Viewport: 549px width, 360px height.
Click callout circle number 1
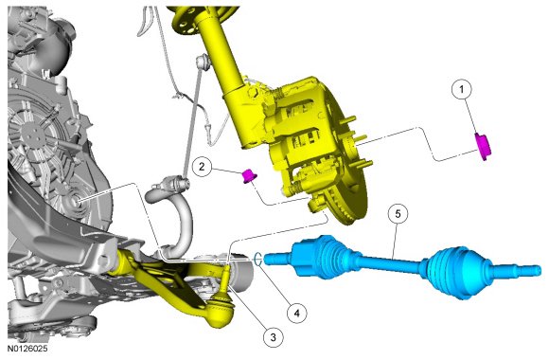462,90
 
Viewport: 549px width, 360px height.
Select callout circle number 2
202,167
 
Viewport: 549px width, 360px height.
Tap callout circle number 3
274,337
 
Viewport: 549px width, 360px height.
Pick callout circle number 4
297,313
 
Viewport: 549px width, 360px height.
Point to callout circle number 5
398,214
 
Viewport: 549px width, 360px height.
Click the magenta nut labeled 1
483,147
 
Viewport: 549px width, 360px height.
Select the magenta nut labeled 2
249,175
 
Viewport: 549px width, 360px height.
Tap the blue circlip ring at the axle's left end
257,260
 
